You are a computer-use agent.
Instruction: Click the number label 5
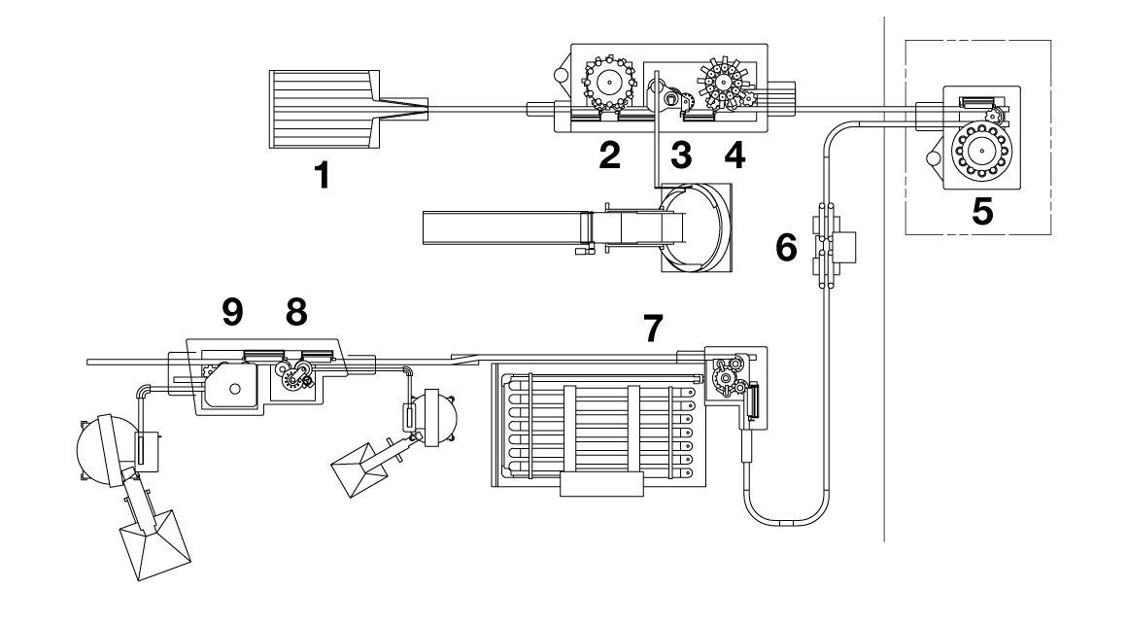982,211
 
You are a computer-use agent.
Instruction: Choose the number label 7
657,330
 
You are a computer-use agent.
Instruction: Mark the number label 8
295,310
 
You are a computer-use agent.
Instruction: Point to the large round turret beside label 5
977,152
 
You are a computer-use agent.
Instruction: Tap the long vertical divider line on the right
884,292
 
